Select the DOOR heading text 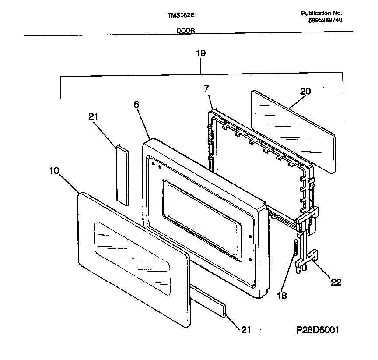(x=186, y=31)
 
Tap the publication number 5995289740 (x=325, y=20)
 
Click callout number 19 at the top (x=200, y=53)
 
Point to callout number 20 (x=305, y=91)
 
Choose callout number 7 (x=207, y=88)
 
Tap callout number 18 (x=282, y=296)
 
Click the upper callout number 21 (x=93, y=116)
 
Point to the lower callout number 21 (x=246, y=329)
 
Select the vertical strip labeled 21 (x=122, y=174)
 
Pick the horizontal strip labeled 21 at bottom (x=209, y=303)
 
